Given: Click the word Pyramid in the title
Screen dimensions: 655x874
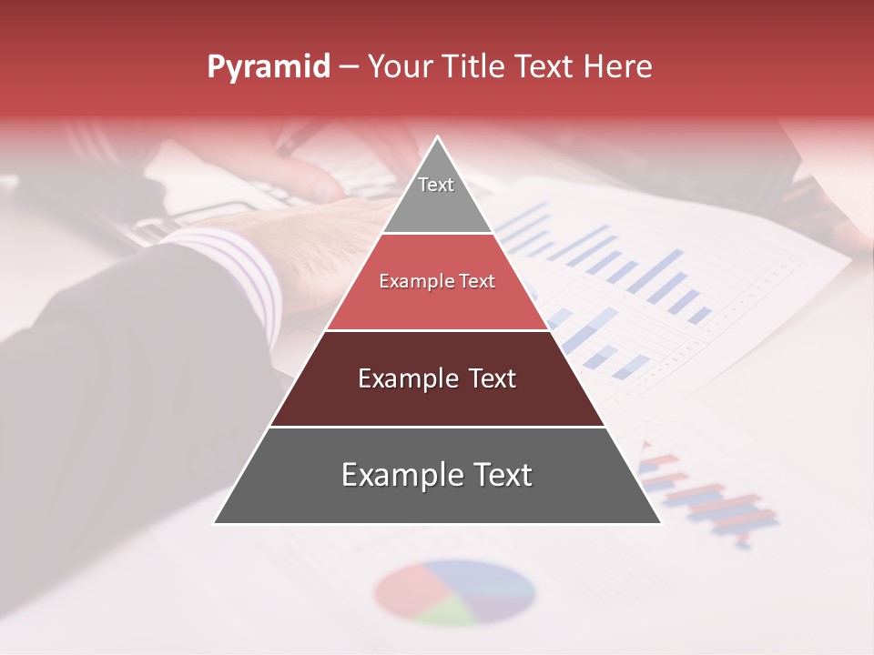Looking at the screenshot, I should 269,67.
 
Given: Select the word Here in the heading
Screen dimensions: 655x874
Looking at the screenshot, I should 617,67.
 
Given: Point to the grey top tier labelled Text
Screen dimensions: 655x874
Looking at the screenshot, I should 437,195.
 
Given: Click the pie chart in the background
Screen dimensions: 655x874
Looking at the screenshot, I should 454,592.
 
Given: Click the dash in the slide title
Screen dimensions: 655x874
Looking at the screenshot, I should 348,67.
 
